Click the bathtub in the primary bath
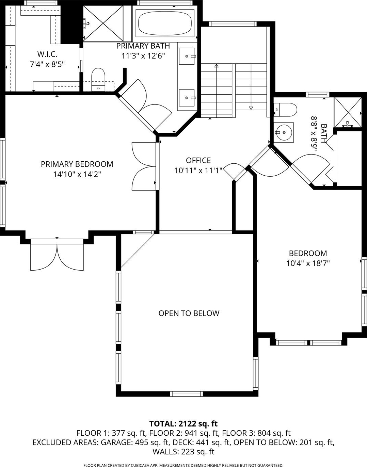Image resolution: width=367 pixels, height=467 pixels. click(x=165, y=23)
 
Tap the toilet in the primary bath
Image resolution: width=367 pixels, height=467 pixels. click(x=98, y=80)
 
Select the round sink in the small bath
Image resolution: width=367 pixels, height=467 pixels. click(x=284, y=133)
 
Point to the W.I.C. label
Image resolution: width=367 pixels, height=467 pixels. click(x=47, y=54)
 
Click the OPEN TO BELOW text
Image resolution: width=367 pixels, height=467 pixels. click(x=189, y=313)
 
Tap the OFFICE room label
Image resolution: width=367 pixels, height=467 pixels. click(x=198, y=160)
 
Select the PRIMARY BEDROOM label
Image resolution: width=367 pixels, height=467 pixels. click(x=77, y=164)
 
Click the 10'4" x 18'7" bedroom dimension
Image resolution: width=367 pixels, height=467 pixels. click(x=308, y=263)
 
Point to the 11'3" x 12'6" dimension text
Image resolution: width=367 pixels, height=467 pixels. click(x=143, y=56)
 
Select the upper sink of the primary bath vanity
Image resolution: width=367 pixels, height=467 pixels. click(x=187, y=56)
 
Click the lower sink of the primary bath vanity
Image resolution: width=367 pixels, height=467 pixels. click(x=187, y=98)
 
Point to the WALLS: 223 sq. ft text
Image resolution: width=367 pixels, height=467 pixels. click(x=183, y=452)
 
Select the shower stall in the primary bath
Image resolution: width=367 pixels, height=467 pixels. click(x=103, y=23)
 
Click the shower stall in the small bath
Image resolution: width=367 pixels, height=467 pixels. click(x=348, y=112)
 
